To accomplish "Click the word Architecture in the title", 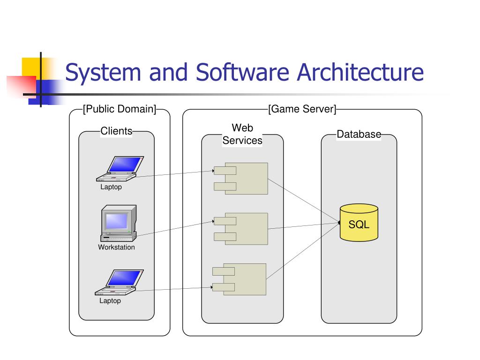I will [x=360, y=73].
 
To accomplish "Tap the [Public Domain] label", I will [x=120, y=110].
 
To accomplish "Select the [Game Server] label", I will [x=302, y=110].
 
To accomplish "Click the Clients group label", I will [x=116, y=131].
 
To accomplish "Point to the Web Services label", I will [x=242, y=134].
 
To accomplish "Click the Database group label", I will [x=359, y=135].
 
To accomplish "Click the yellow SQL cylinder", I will [x=359, y=223].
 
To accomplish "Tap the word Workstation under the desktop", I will [x=116, y=247].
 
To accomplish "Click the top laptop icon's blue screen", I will [x=125, y=165].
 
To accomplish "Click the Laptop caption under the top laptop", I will [x=111, y=187].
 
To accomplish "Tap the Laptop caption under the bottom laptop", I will [x=110, y=301].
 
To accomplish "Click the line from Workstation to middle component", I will [x=173, y=228].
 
